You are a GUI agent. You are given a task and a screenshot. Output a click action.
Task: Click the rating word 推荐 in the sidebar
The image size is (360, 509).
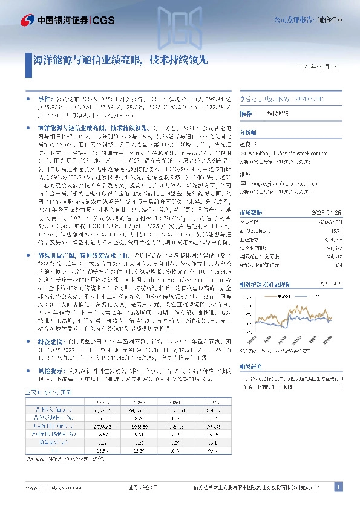(246, 114)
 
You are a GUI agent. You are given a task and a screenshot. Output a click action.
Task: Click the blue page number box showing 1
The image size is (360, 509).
(339, 487)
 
